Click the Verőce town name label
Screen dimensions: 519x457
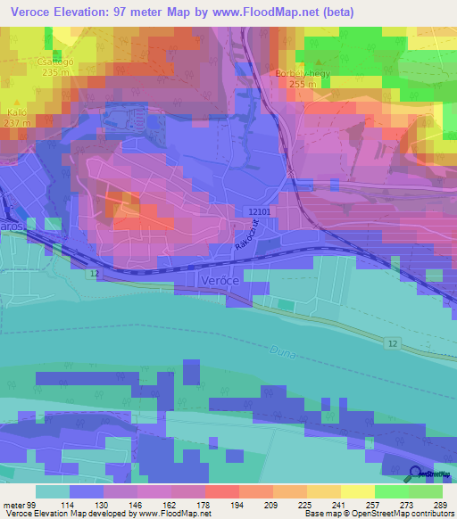point(219,280)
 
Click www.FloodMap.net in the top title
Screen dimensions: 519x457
point(274,12)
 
